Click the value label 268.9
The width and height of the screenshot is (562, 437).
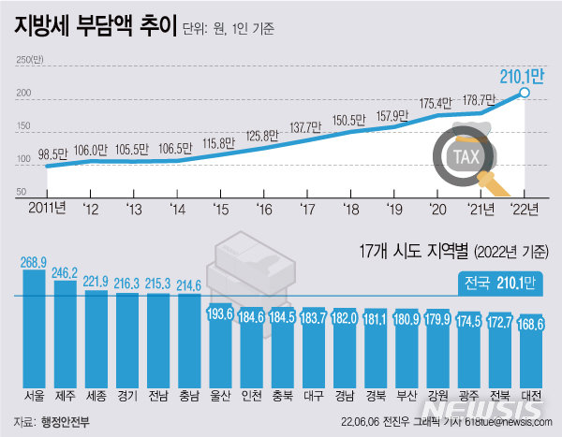[x=35, y=263]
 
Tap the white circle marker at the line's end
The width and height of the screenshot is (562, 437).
[x=525, y=93]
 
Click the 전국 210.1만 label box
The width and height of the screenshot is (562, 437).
[x=501, y=282]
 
